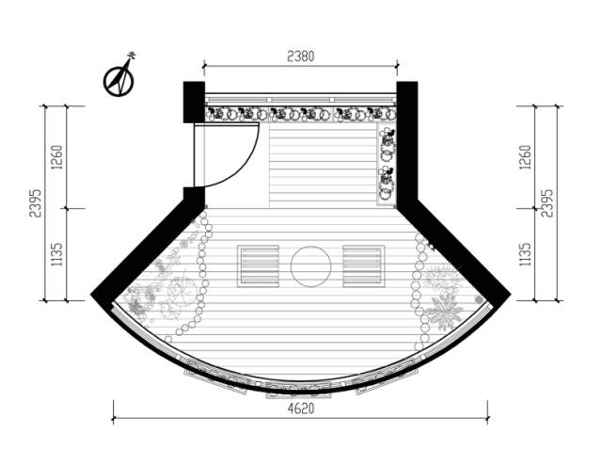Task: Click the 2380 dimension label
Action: pos(301,56)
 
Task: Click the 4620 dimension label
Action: pos(301,409)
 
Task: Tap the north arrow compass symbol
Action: pos(119,77)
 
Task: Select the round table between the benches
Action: pos(310,266)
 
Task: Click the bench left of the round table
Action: pos(258,266)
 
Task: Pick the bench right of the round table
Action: pos(363,266)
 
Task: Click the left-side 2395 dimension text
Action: pos(36,203)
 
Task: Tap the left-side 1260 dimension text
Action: pos(56,157)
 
